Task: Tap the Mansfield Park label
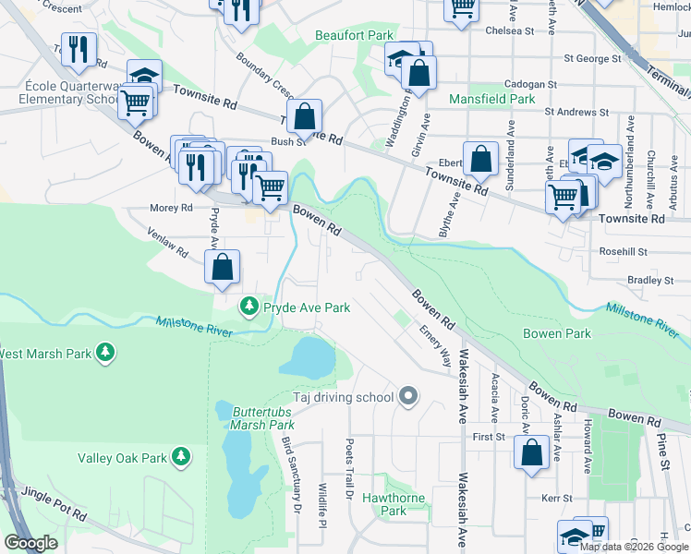(491, 99)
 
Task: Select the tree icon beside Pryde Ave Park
(249, 307)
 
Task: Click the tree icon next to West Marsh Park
(106, 353)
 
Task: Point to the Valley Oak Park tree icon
(182, 457)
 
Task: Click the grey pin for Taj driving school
(408, 397)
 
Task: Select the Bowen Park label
(556, 333)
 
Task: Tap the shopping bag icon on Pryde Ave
(222, 269)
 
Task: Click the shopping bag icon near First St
(531, 454)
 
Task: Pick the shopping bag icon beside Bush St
(304, 118)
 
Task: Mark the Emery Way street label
(435, 344)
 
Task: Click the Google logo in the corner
(30, 543)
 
